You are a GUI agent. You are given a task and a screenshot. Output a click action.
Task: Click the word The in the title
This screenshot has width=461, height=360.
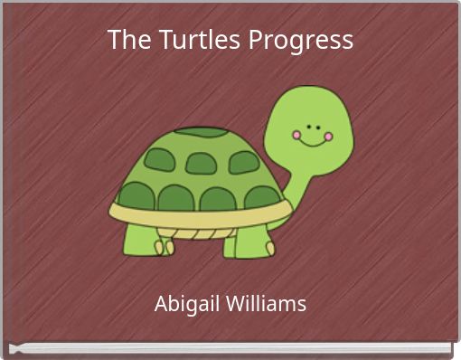pyautogui.click(x=125, y=40)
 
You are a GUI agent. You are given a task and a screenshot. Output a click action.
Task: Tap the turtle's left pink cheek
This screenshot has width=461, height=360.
pyautogui.click(x=296, y=136)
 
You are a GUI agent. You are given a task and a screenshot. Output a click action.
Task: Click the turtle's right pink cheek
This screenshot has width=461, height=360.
pyautogui.click(x=328, y=137)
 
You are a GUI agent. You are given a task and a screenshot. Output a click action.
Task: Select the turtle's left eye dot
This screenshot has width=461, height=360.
pyautogui.click(x=307, y=126)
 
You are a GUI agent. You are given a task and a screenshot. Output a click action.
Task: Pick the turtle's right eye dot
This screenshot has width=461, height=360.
pyautogui.click(x=317, y=126)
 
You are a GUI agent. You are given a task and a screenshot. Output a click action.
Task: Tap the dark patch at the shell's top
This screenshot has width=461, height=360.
pyautogui.click(x=202, y=132)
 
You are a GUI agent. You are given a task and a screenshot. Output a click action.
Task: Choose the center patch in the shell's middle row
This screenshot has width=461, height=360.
pyautogui.click(x=201, y=163)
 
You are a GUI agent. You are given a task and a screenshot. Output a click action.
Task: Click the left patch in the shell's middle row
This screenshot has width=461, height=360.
pyautogui.click(x=159, y=160)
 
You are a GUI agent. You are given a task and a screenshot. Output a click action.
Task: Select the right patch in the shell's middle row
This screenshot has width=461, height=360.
pyautogui.click(x=244, y=162)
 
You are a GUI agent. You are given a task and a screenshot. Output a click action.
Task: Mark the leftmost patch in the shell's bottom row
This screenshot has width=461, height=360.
pyautogui.click(x=136, y=195)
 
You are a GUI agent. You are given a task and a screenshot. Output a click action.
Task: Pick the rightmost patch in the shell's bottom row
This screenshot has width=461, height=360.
pyautogui.click(x=261, y=197)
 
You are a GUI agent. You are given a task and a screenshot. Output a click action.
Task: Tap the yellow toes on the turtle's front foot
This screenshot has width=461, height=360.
pyautogui.click(x=270, y=248)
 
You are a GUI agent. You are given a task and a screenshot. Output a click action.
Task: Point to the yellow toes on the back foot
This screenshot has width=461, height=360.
pyautogui.click(x=163, y=247)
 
